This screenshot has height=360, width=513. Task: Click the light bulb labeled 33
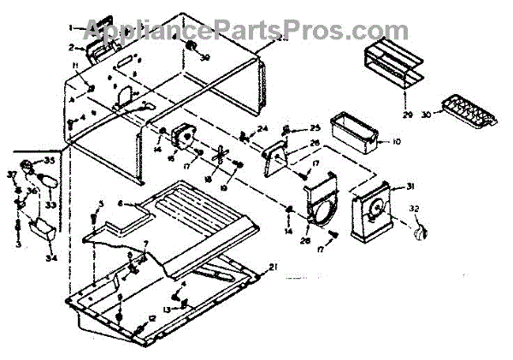49,182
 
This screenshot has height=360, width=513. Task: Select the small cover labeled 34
39,227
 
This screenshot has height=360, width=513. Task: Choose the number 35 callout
49,160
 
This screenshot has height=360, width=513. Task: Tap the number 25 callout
315,127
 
